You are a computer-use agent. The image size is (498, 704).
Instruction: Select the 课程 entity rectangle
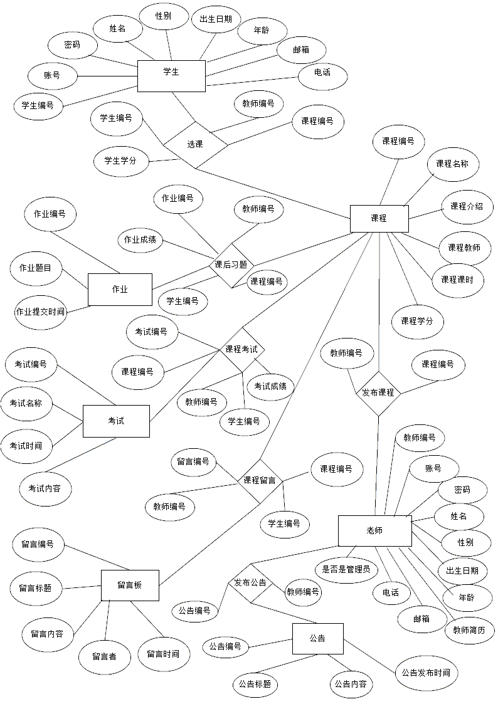point(379,219)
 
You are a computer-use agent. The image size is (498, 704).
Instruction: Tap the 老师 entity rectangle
point(374,531)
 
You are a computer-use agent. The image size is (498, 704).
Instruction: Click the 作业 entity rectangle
point(119,289)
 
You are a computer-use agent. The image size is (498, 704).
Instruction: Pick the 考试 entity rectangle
point(116,421)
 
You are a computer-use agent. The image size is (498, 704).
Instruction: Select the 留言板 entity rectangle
point(130,585)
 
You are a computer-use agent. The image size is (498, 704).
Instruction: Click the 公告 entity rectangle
point(317,638)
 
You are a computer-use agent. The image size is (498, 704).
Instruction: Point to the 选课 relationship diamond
point(195,144)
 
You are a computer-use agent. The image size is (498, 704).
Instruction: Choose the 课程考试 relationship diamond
point(241,349)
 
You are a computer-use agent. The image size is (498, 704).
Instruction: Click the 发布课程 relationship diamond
point(378,392)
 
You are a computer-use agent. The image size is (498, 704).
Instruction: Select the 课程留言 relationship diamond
point(260,481)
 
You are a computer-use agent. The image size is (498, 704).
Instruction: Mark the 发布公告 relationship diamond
point(250,583)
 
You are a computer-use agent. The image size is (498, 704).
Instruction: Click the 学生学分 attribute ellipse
point(120,160)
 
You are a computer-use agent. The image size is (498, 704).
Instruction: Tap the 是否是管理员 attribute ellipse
point(346,570)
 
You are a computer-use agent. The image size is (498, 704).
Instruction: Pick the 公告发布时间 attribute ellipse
point(425,673)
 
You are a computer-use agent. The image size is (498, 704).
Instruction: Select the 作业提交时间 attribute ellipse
point(41,311)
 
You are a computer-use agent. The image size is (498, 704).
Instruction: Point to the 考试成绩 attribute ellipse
point(270,387)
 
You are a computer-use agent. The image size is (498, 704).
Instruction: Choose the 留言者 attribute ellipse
point(104,656)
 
